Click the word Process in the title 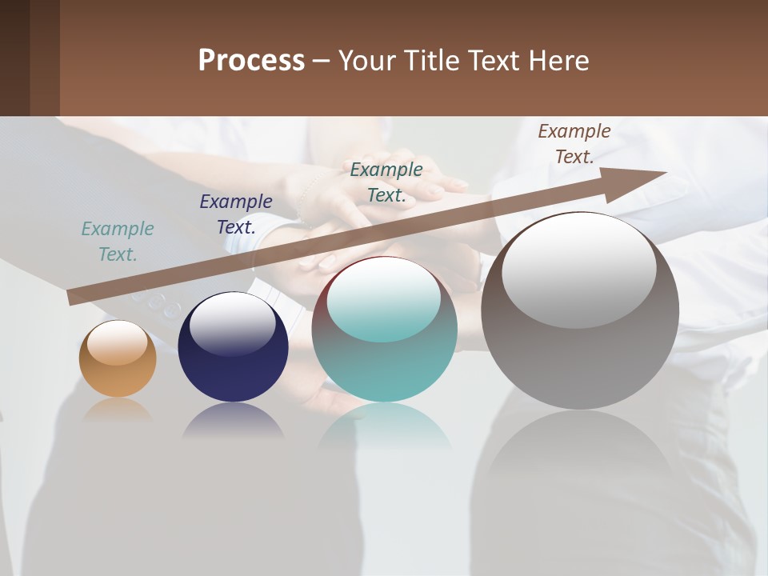click(x=251, y=61)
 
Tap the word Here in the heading click(x=558, y=61)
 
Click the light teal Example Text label click(x=118, y=242)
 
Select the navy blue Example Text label click(x=236, y=214)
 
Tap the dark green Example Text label click(x=386, y=182)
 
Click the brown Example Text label click(x=574, y=144)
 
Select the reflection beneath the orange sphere click(x=118, y=410)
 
